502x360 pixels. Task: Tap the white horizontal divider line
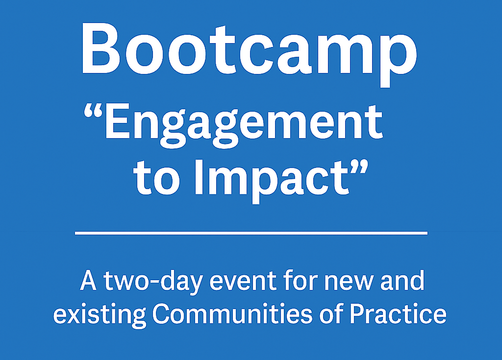251,233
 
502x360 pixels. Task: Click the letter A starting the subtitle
88,281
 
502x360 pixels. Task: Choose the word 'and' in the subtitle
402,281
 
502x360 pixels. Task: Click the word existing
99,316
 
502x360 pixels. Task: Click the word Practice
398,313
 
